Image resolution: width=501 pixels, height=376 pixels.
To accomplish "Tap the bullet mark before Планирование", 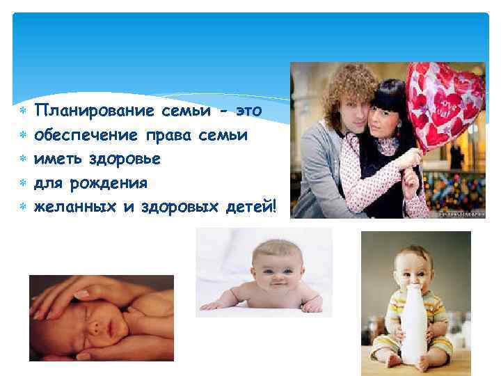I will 23,111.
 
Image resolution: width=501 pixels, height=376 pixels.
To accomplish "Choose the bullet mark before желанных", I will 23,207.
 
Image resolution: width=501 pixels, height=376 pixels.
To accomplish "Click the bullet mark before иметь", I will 23,159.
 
